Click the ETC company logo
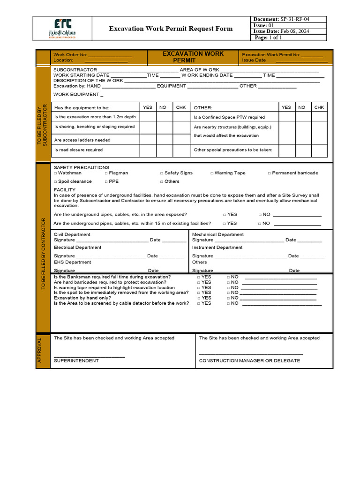(x=62, y=29)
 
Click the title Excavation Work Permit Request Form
(x=171, y=29)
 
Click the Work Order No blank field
(x=110, y=55)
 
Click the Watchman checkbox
(x=55, y=173)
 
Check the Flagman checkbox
(x=106, y=173)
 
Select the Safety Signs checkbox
(x=162, y=173)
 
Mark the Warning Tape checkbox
(x=212, y=173)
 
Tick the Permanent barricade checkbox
(x=270, y=173)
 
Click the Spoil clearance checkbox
(x=55, y=182)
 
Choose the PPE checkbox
(x=106, y=182)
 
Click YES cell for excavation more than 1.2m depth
(x=148, y=117)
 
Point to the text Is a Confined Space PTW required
(x=229, y=117)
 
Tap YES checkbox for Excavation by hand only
(x=199, y=298)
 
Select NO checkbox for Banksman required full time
(x=228, y=277)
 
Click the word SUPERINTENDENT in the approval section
(x=76, y=361)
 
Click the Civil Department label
(x=72, y=234)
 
